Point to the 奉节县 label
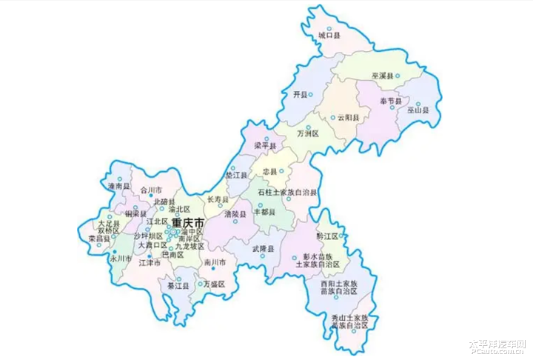[x=390, y=101]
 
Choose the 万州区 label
[x=307, y=134]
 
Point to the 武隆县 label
[x=263, y=248]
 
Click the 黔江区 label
[x=326, y=236]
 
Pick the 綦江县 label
[x=177, y=285]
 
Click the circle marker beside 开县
[x=311, y=93]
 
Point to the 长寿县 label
[x=218, y=199]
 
